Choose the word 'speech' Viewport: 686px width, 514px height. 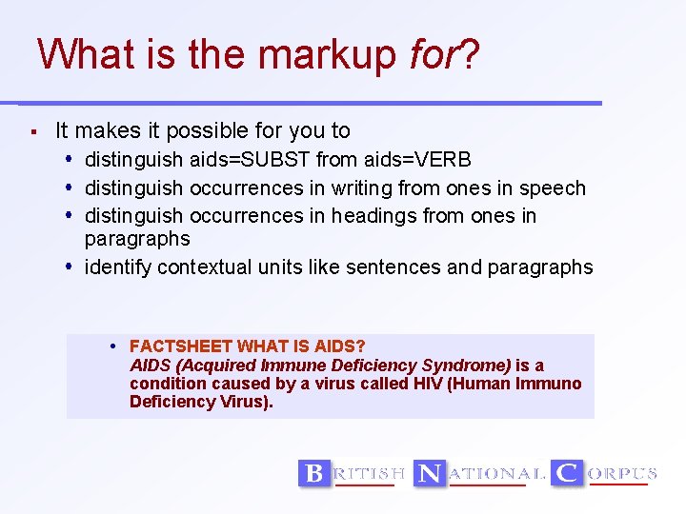coord(552,188)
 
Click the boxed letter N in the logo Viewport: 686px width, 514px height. coord(430,473)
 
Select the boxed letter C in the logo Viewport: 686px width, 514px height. coord(568,473)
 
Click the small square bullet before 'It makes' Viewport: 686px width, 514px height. coord(33,131)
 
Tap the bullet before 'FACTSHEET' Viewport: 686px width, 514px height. coord(113,346)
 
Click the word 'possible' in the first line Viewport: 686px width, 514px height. coord(217,131)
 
